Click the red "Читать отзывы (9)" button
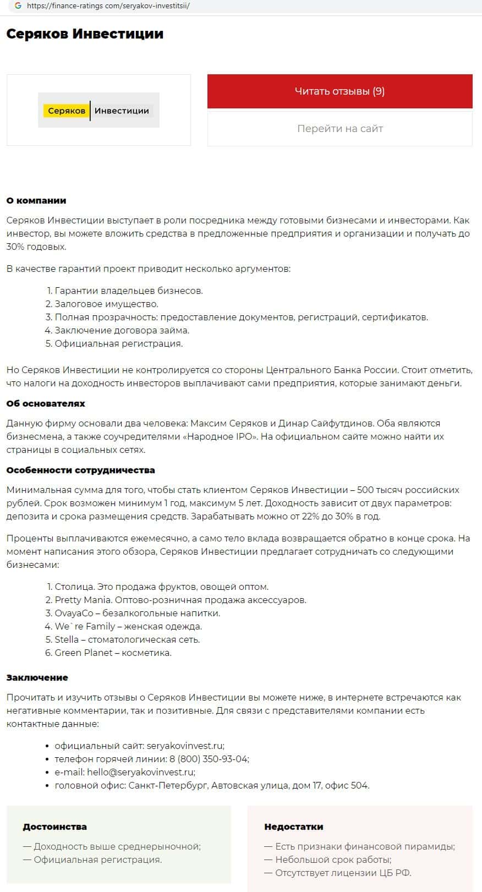click(x=339, y=91)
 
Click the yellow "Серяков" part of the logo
click(x=67, y=111)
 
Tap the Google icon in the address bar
click(x=18, y=6)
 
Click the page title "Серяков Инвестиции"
click(x=85, y=34)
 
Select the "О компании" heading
click(x=36, y=201)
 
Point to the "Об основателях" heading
click(x=46, y=404)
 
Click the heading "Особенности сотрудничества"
click(x=80, y=470)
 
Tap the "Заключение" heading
click(x=37, y=678)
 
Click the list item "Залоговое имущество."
click(x=106, y=304)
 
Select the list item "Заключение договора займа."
click(x=122, y=331)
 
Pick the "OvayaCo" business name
click(x=74, y=614)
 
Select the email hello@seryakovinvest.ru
click(x=140, y=773)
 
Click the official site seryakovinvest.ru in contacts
click(x=184, y=746)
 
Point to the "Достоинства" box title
click(x=54, y=827)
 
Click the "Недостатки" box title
click(x=293, y=827)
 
